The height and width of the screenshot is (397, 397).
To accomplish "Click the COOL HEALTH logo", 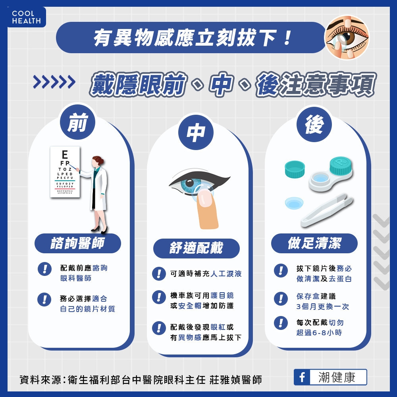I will pos(26,17).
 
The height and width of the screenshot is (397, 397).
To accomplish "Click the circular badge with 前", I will pos(77,124).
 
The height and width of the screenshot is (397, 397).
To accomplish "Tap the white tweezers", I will pos(327,210).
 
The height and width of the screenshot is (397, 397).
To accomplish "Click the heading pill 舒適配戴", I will pos(196,248).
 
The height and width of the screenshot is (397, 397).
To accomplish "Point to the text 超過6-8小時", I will pos(319,333).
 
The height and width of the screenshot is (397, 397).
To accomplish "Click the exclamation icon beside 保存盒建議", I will pos(281,298).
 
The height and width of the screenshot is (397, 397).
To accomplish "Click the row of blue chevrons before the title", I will pos(54,82).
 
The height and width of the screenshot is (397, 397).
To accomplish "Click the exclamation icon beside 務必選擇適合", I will pos(44,299).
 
